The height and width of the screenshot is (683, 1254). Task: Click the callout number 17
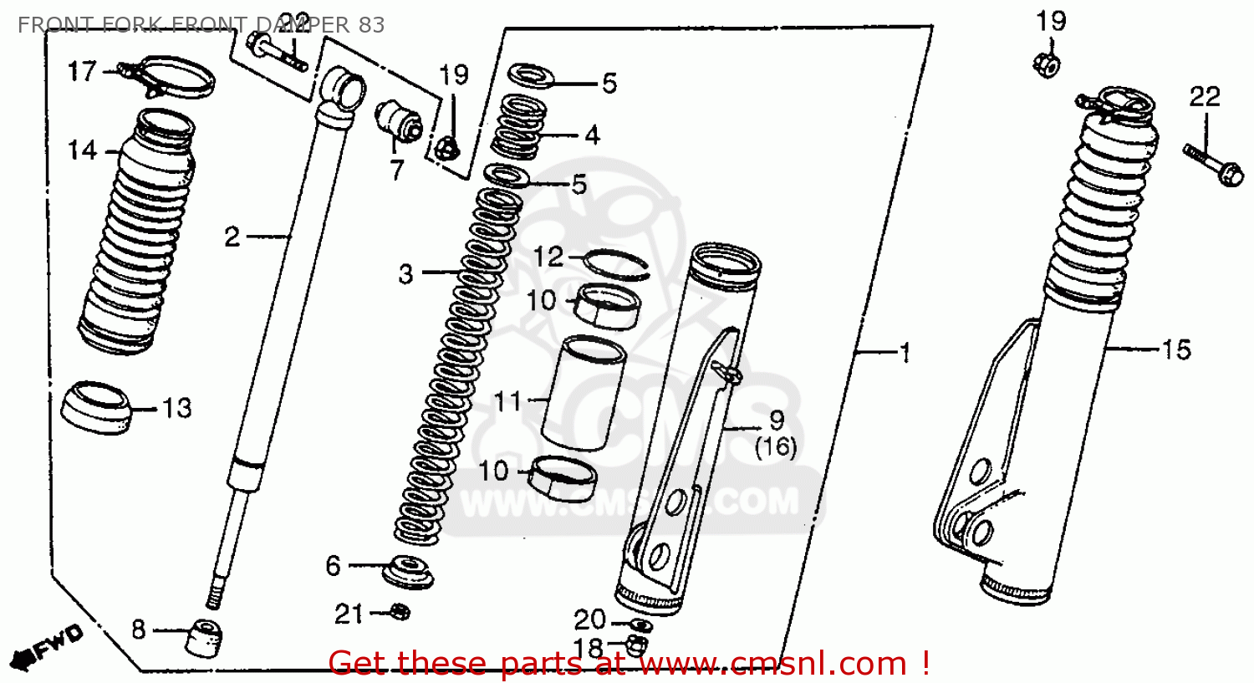tap(82, 72)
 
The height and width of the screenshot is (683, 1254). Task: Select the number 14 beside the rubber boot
tap(82, 151)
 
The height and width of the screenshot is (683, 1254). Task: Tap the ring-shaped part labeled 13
tap(98, 407)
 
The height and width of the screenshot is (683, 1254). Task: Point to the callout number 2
tap(232, 237)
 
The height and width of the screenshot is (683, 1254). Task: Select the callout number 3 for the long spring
tap(405, 273)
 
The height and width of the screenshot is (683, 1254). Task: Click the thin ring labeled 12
tap(619, 264)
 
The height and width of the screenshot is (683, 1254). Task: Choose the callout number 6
tap(334, 566)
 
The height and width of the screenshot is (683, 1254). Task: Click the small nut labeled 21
tap(400, 612)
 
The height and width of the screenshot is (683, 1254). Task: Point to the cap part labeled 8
tap(206, 639)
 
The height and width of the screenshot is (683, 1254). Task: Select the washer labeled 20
tap(640, 624)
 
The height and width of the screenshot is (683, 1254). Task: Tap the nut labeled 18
tap(637, 644)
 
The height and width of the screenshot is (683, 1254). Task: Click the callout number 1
tap(904, 354)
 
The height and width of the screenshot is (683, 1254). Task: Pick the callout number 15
tap(1175, 349)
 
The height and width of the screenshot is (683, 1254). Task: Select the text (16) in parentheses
tap(775, 447)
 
